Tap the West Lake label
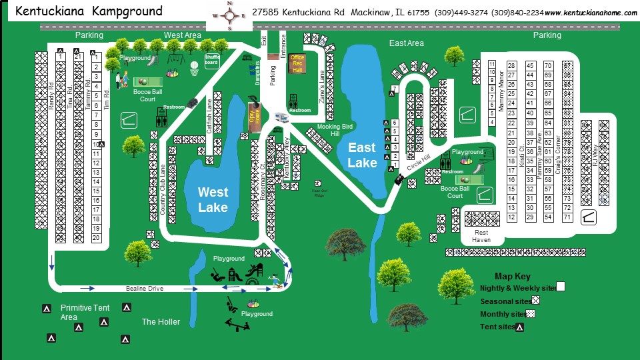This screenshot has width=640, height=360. point(213,199)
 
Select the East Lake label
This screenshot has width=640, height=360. point(362,155)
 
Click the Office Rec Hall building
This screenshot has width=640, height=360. point(297,63)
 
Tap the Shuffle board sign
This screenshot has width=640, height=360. point(212,60)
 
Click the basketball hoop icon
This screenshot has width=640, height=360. point(194,67)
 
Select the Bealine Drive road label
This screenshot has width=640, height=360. point(145,289)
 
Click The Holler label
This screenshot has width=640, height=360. point(161,322)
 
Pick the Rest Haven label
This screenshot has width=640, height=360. point(481,236)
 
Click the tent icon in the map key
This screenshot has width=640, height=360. point(519,327)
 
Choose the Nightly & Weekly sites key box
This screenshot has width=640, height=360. point(560,287)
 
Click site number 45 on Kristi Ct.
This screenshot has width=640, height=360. point(530,65)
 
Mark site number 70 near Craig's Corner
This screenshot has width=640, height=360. point(548,65)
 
